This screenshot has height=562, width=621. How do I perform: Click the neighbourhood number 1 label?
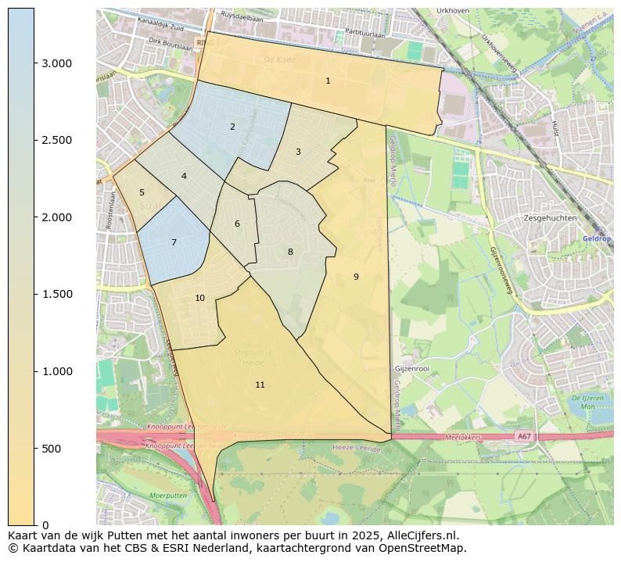(328, 81)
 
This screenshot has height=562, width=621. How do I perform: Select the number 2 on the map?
(232, 127)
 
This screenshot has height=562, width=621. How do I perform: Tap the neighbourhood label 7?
(174, 243)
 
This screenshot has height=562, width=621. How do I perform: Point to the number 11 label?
(260, 385)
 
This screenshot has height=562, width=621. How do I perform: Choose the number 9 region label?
(356, 277)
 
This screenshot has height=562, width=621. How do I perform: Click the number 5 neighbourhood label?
(142, 192)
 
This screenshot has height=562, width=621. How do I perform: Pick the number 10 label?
(199, 298)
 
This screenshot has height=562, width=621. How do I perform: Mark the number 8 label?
(290, 252)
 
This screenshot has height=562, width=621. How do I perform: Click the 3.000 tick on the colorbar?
(57, 63)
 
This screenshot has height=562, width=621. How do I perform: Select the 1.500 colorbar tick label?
(57, 295)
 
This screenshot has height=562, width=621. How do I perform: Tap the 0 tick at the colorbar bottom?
(46, 525)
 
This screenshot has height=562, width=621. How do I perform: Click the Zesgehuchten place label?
(551, 218)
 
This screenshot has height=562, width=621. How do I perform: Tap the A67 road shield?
(522, 436)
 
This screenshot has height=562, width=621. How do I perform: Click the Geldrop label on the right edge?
(596, 238)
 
